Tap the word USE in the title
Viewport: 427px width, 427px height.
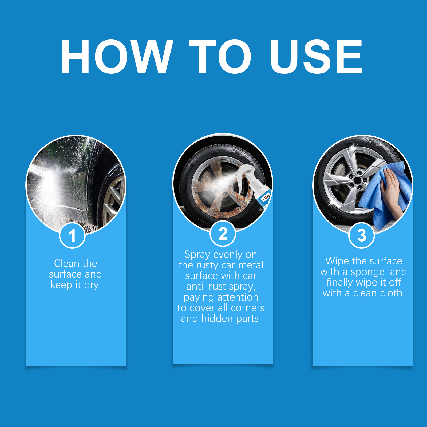click(316, 56)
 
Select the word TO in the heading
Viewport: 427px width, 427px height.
click(220, 56)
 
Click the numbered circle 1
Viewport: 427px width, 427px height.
click(72, 235)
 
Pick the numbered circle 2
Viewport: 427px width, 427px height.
click(223, 234)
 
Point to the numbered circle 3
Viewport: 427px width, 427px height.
click(362, 235)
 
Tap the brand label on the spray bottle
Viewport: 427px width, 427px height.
click(266, 198)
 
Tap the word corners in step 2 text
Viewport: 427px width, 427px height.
click(248, 308)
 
